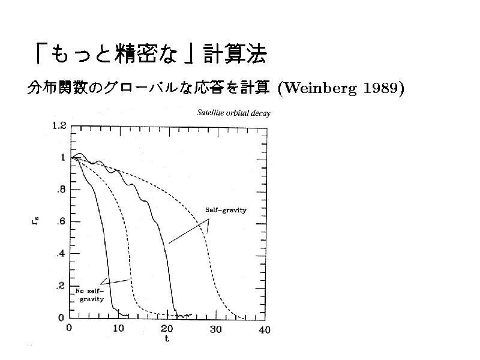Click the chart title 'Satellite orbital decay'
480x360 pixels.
coord(234,113)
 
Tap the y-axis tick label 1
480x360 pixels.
coord(62,158)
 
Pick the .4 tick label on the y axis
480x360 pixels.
coord(61,254)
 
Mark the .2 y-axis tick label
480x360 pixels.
coord(61,286)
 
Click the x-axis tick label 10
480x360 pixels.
coord(118,329)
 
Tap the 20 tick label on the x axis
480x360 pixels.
coord(167,329)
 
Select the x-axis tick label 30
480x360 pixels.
coord(215,329)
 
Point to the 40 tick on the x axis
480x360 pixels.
coord(265,329)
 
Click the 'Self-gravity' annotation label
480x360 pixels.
coord(227,210)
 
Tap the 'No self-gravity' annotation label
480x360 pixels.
coord(90,294)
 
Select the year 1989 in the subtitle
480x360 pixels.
coord(382,88)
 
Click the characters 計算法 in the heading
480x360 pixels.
coord(235,55)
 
